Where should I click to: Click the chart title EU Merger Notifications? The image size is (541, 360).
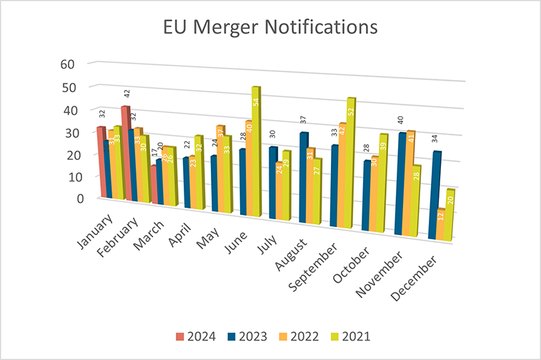pyautogui.click(x=270, y=28)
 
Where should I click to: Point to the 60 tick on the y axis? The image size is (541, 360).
pyautogui.click(x=67, y=64)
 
